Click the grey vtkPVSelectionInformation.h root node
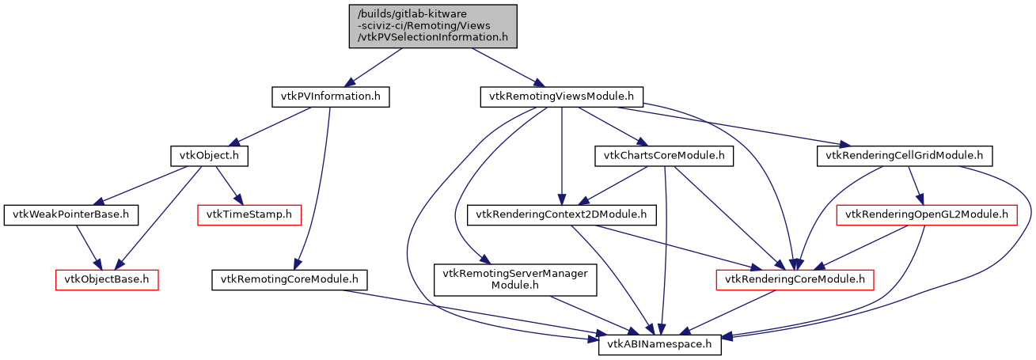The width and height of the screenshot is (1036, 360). (433, 26)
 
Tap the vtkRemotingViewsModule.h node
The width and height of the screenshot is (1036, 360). (562, 97)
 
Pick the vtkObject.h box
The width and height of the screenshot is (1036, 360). (209, 156)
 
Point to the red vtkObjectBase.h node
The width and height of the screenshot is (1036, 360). (107, 279)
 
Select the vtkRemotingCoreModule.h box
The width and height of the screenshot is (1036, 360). (290, 279)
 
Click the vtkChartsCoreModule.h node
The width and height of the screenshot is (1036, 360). (663, 156)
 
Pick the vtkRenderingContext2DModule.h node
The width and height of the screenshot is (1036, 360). (562, 214)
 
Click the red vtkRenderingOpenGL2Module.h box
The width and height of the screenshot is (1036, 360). (927, 214)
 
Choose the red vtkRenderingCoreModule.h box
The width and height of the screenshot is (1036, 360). (795, 279)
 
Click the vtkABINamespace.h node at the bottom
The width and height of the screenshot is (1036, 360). (659, 344)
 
